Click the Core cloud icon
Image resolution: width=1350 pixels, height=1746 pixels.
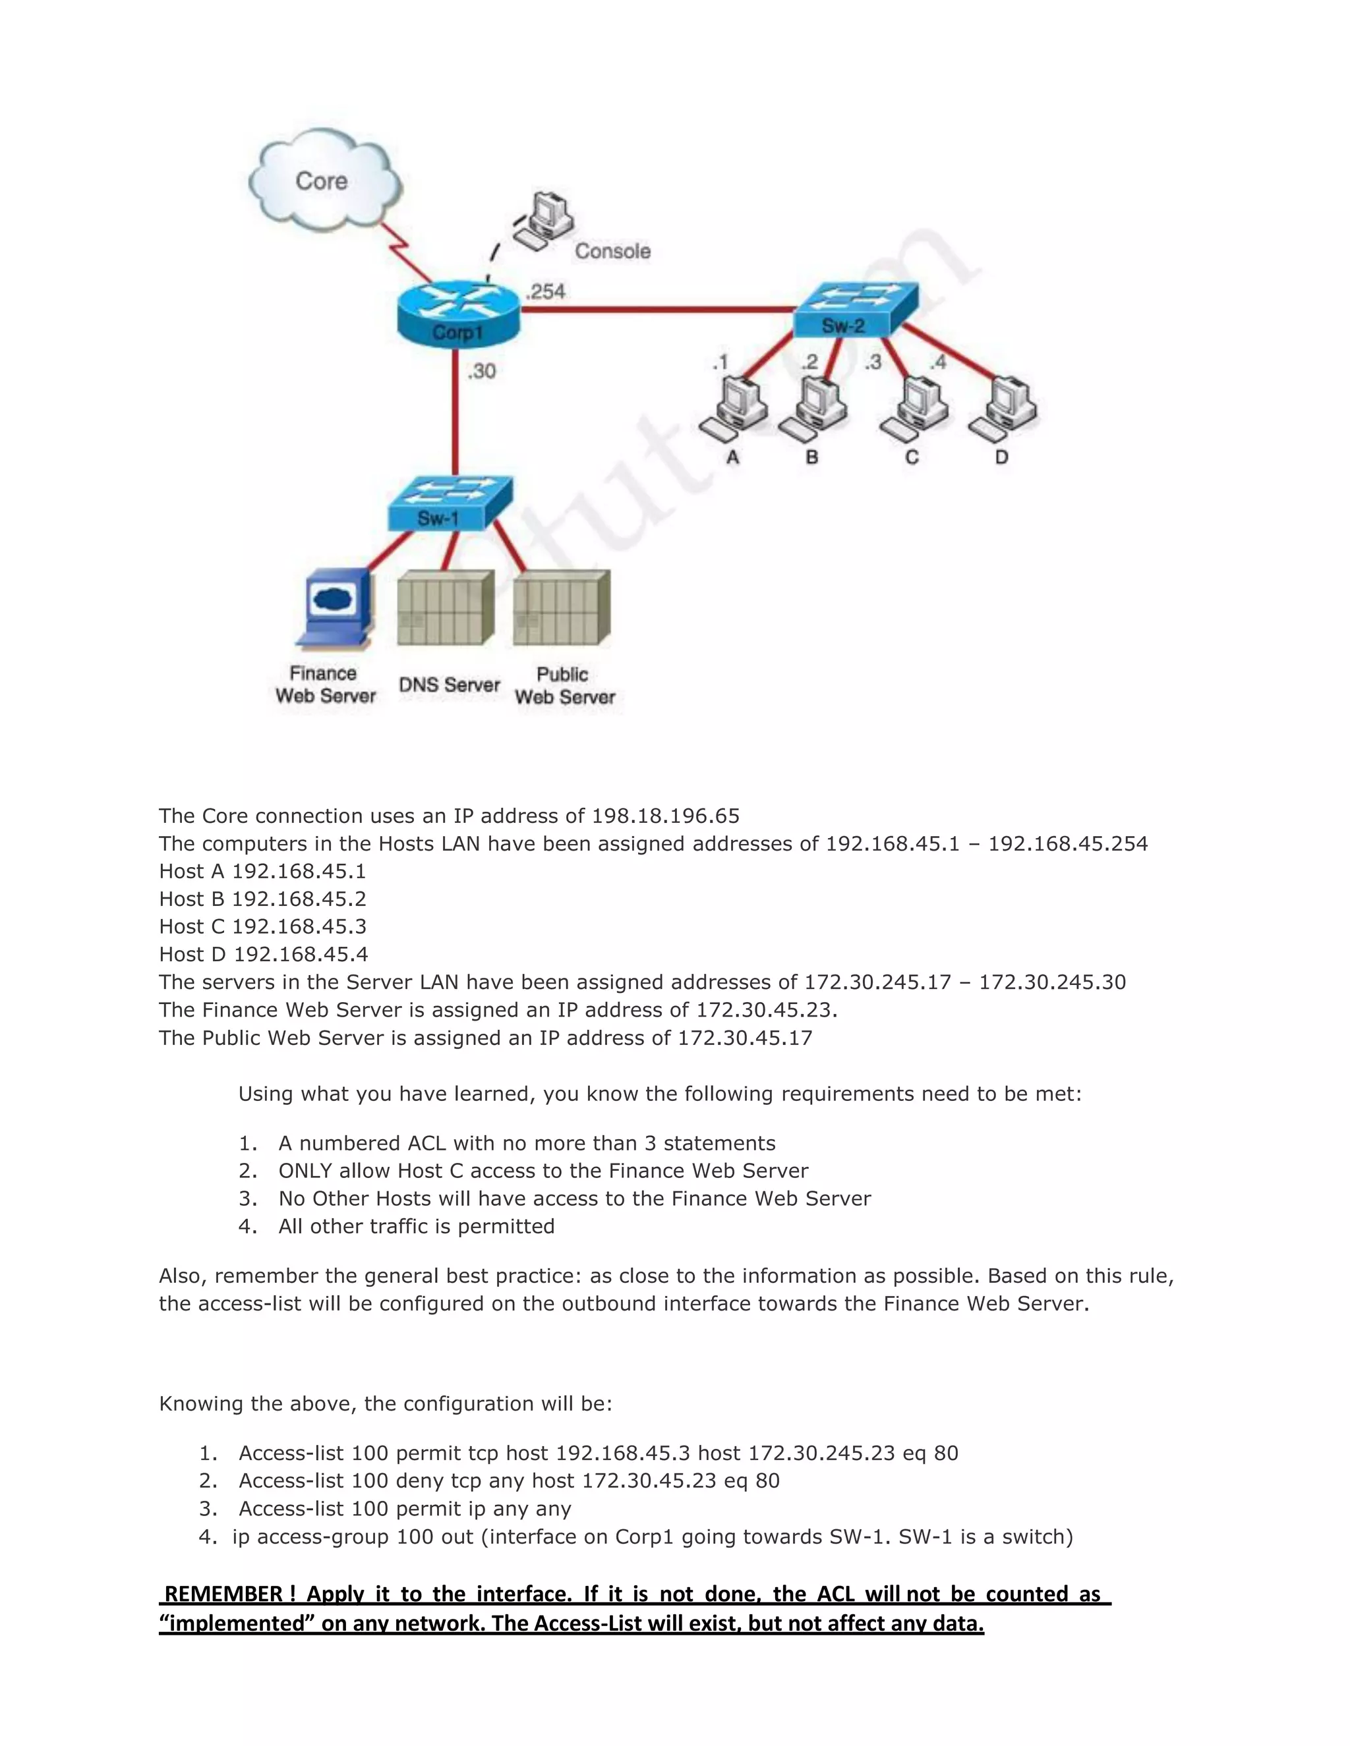[324, 184]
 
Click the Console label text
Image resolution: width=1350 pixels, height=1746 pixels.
[612, 251]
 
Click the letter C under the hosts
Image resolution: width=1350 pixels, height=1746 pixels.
[912, 457]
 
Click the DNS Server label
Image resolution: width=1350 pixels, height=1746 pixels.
[449, 685]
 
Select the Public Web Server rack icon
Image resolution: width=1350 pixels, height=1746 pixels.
[562, 607]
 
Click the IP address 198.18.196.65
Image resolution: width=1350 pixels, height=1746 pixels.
[664, 816]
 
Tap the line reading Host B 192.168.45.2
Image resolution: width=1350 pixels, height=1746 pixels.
[262, 899]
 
